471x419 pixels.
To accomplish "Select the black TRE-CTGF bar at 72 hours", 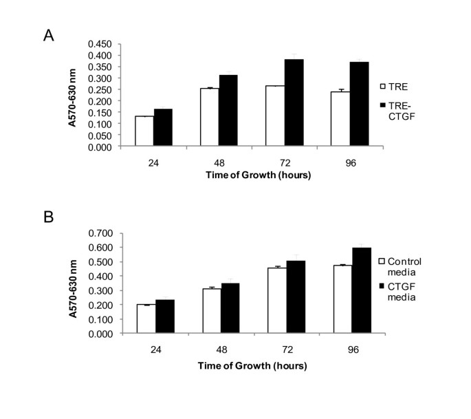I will [x=275, y=103].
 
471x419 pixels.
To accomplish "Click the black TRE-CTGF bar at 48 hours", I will [x=210, y=111].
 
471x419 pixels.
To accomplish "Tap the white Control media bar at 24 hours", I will [x=146, y=319].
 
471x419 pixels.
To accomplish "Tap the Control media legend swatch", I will [x=383, y=261].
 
